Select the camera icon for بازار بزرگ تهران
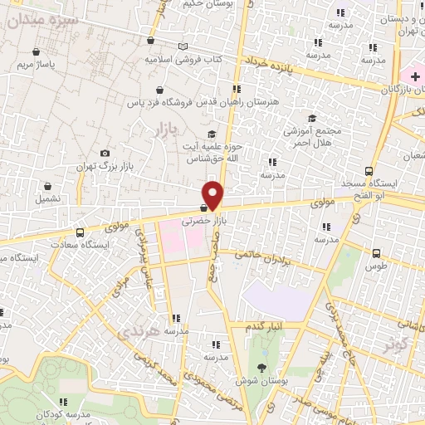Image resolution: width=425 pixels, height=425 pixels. [x=105, y=153]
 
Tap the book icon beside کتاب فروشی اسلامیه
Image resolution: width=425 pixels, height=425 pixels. [x=183, y=46]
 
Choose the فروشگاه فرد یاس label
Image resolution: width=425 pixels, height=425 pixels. [x=167, y=103]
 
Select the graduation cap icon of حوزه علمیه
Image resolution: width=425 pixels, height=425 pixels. [x=212, y=134]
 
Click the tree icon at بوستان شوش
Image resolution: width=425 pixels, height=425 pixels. [x=263, y=368]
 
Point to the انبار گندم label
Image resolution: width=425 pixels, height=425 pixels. [x=266, y=326]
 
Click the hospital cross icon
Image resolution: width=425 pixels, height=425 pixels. [x=414, y=76]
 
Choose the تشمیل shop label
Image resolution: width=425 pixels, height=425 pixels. [x=47, y=199]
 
